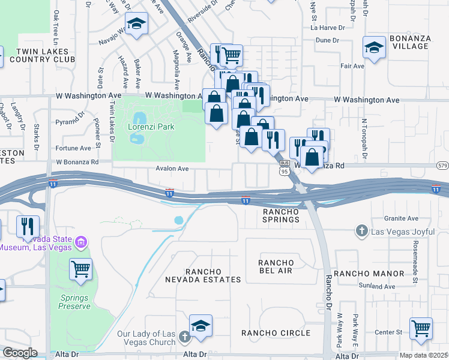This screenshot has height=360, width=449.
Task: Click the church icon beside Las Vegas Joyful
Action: (x=361, y=230)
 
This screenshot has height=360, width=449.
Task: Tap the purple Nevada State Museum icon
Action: (x=80, y=243)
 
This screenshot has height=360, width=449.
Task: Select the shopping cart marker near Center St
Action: (x=421, y=328)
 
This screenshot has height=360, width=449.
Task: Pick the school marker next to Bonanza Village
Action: (x=374, y=47)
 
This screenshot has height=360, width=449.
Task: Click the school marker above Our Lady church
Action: (x=200, y=325)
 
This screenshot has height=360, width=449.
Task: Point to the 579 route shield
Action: (x=443, y=165)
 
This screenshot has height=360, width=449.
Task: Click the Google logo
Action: (x=20, y=353)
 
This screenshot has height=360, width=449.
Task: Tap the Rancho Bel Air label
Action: (x=276, y=267)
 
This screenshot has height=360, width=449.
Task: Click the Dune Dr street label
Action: (x=327, y=41)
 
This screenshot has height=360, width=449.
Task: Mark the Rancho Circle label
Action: (x=276, y=333)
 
